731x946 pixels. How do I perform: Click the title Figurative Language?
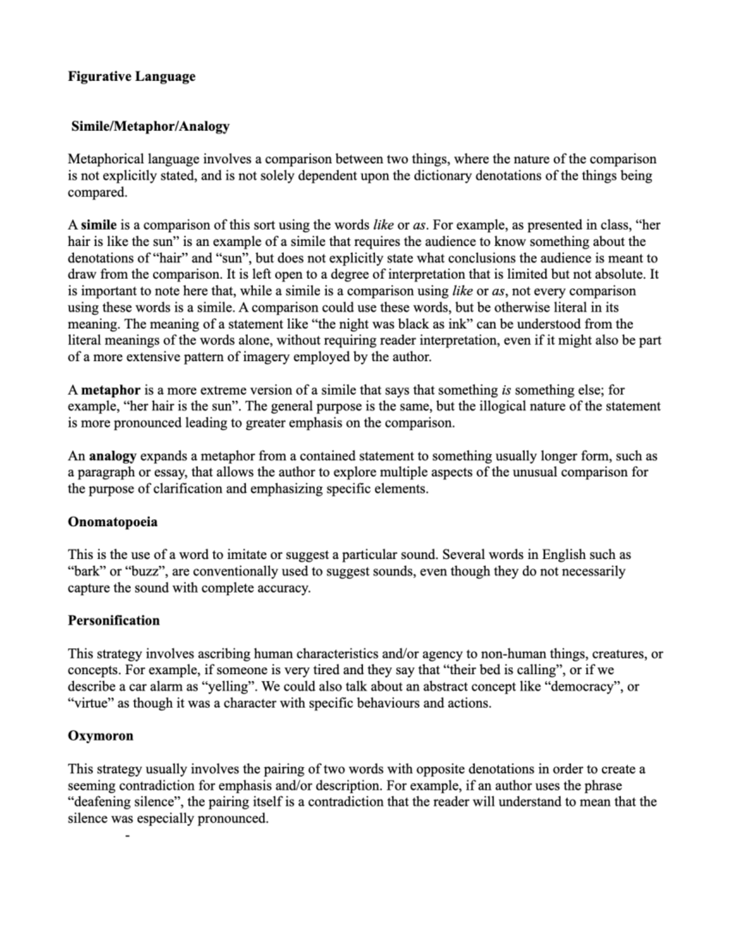[131, 77]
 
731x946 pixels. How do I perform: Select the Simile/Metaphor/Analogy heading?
[150, 127]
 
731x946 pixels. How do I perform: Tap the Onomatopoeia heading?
[113, 522]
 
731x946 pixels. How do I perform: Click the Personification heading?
[113, 621]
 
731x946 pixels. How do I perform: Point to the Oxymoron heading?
[100, 736]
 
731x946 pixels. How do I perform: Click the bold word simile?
[99, 225]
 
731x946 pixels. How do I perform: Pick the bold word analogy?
[112, 456]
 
